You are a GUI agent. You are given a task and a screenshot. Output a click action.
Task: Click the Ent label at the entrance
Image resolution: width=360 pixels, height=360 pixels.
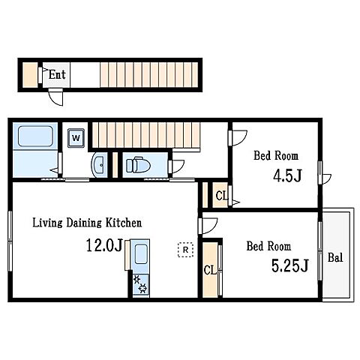[x=57, y=74]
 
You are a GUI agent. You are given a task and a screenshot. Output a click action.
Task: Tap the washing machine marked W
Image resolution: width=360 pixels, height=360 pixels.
[x=76, y=138]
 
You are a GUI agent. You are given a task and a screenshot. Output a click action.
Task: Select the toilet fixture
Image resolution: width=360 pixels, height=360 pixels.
[x=138, y=165]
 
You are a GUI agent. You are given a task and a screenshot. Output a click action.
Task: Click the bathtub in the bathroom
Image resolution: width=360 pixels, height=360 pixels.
[x=35, y=136]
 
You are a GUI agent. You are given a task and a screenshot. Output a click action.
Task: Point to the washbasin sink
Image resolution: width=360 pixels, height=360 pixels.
[x=99, y=165]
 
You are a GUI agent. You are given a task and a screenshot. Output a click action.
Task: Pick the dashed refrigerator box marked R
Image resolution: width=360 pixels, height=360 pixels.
[x=185, y=250]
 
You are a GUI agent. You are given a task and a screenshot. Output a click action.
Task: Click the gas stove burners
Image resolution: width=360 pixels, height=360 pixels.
[x=140, y=283]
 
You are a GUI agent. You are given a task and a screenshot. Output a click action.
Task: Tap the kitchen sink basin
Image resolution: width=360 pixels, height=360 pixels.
[x=141, y=254]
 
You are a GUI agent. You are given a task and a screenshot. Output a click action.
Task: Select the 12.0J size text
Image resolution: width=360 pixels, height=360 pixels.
[x=104, y=245]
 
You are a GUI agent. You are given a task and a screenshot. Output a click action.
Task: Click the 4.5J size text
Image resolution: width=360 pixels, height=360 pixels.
[x=287, y=175]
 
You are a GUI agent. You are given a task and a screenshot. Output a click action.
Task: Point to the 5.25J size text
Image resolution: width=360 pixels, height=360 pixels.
[x=290, y=265]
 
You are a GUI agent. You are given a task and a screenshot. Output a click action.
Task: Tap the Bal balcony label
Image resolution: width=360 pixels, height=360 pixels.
[x=335, y=257]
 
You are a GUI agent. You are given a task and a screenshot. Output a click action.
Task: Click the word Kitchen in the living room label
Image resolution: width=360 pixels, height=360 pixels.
[x=124, y=223]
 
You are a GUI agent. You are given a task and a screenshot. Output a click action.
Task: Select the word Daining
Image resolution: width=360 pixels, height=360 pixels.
[x=84, y=223]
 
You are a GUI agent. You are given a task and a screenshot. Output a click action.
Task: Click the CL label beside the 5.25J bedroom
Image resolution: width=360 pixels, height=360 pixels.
[x=210, y=270]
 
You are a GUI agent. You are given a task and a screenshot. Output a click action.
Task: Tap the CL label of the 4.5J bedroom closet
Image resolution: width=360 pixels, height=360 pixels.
[x=221, y=196]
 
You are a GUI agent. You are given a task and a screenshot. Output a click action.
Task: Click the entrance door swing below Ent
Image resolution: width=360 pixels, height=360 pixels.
[x=56, y=97]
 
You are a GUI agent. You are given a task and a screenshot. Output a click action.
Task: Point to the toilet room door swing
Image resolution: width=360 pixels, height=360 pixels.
[x=177, y=166]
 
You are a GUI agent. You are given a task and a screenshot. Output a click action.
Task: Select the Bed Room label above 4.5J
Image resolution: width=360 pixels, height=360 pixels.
[x=276, y=155]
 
